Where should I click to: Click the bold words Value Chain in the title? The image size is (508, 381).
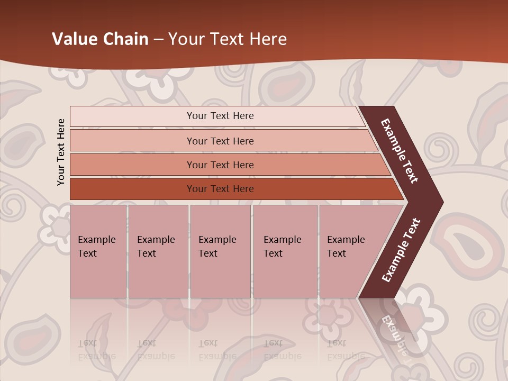(x=100, y=39)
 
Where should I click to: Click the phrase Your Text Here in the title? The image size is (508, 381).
(x=228, y=39)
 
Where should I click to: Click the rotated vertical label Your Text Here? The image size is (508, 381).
(x=61, y=152)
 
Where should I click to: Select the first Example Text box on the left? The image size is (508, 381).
(x=98, y=251)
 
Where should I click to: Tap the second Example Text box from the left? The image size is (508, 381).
(x=158, y=251)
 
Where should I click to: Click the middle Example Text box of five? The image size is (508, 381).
(x=220, y=251)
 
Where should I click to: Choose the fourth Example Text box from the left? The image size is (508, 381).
(x=285, y=251)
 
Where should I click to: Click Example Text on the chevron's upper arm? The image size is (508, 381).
(x=400, y=151)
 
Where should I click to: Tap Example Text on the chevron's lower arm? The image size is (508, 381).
(x=401, y=250)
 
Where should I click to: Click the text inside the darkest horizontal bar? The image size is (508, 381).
(x=220, y=189)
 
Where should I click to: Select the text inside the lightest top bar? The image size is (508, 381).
(x=220, y=116)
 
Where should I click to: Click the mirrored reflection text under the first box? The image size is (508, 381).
(x=96, y=350)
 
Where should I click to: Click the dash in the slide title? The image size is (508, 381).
(x=158, y=40)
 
